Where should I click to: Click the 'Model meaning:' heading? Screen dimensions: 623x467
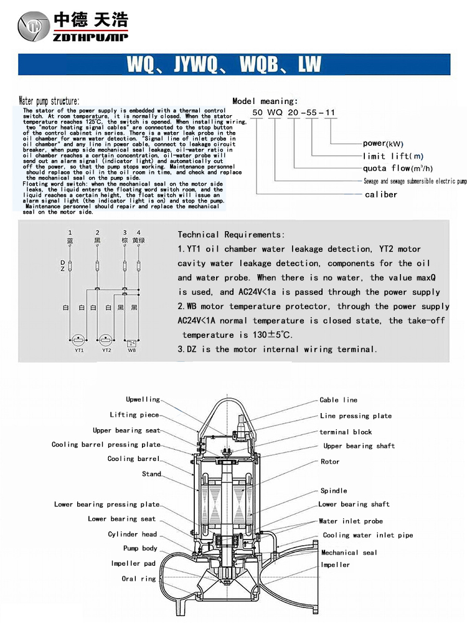pos(265,101)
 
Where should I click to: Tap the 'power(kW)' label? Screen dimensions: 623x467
pos(382,143)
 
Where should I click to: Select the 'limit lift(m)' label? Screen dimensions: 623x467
pos(393,156)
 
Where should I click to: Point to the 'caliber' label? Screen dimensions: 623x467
pos(380,194)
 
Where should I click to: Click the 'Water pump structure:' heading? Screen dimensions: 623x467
pos(49,101)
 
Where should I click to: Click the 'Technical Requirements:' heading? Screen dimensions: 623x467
pos(231,235)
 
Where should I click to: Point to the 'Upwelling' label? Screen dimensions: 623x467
pos(143,399)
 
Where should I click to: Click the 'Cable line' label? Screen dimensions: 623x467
pos(338,400)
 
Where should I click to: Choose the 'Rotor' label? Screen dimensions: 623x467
pos(330,462)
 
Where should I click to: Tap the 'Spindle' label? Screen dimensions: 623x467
pos(334,490)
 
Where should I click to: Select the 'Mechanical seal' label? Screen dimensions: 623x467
pos(349,553)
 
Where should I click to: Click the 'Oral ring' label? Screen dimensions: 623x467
pos(138,579)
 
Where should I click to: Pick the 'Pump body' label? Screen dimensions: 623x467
pos(140,548)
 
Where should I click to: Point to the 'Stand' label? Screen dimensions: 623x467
pos(151,474)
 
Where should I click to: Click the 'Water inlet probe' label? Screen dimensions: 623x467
pos(351,521)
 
